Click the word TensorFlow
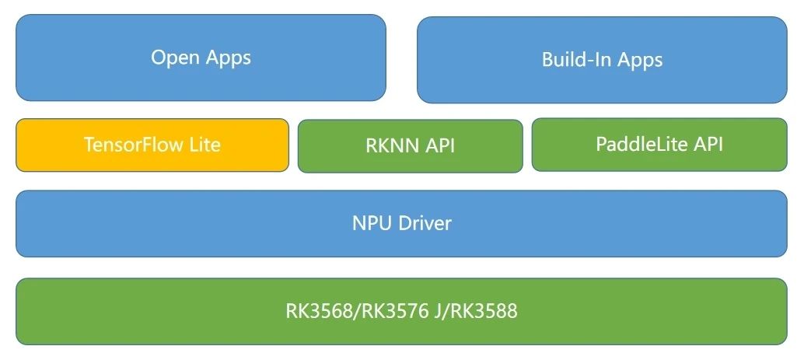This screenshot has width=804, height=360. [x=129, y=145]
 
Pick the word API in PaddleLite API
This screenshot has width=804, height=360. [x=705, y=144]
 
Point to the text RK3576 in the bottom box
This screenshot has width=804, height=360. [x=382, y=312]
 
